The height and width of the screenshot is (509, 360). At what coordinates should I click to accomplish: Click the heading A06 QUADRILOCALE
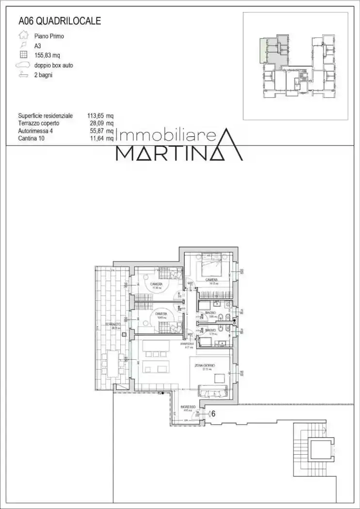(x=60, y=21)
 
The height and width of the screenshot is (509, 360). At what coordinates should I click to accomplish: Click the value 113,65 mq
(x=100, y=116)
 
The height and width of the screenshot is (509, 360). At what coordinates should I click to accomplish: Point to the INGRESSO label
(x=188, y=407)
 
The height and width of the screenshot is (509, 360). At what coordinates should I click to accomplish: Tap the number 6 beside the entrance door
(x=213, y=414)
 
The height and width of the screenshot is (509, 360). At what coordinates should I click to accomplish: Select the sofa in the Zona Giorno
(x=213, y=390)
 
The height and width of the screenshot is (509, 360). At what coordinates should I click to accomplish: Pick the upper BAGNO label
(x=211, y=314)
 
